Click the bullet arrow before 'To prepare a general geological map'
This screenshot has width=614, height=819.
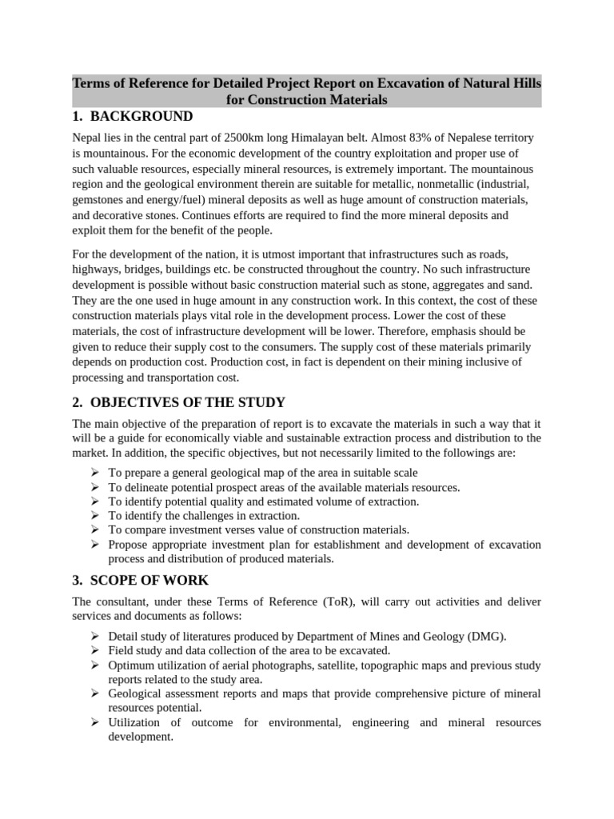click(x=95, y=473)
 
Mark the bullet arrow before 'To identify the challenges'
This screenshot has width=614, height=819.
click(x=95, y=516)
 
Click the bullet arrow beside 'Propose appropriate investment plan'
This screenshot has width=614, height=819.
click(x=95, y=545)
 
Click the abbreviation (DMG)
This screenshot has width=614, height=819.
click(x=484, y=637)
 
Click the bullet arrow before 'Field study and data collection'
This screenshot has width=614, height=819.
click(x=95, y=651)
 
